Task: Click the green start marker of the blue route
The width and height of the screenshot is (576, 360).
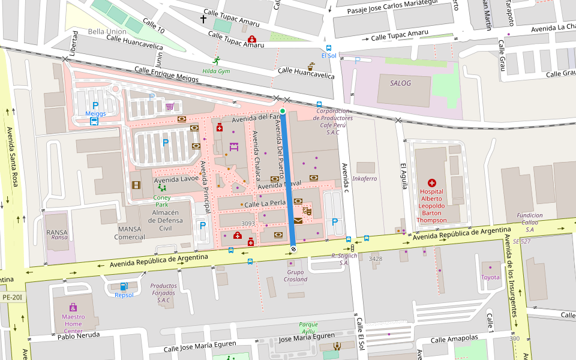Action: (x=283, y=111)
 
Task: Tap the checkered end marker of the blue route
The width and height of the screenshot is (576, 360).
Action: (x=293, y=248)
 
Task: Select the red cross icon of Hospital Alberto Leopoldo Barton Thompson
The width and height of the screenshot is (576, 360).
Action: (x=431, y=182)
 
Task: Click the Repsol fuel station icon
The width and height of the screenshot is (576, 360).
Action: (x=124, y=286)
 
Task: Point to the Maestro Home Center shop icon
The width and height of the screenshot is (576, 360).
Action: (x=73, y=307)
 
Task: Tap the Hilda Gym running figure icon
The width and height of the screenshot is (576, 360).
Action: (x=216, y=61)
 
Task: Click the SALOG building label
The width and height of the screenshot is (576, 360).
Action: (x=401, y=83)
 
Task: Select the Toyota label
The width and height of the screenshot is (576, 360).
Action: (x=490, y=277)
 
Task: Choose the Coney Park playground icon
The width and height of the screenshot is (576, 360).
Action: (x=161, y=188)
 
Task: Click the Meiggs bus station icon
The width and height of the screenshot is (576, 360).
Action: (x=94, y=121)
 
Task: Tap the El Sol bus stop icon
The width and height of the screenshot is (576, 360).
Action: (x=329, y=47)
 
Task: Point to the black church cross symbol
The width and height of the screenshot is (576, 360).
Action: (x=203, y=19)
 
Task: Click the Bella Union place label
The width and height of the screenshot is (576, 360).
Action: (x=107, y=31)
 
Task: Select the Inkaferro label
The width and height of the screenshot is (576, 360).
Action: (x=364, y=179)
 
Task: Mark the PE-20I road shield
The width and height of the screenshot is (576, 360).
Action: (x=11, y=297)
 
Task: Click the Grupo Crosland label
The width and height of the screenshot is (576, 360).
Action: (x=296, y=275)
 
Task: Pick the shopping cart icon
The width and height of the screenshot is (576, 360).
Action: (x=170, y=106)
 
